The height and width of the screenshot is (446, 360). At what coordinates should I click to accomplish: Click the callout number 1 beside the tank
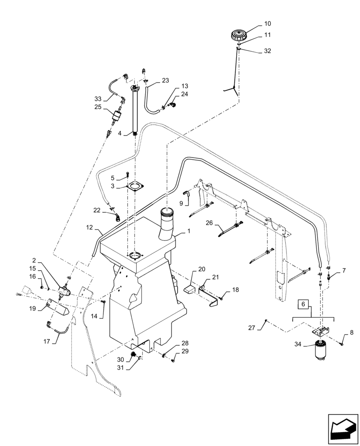pos(188,231)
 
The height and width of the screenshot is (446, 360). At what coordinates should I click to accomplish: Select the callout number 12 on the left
pos(89,227)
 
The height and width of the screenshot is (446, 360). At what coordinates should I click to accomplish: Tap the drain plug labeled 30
pos(132,355)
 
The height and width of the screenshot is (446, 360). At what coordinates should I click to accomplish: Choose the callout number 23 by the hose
pos(165,81)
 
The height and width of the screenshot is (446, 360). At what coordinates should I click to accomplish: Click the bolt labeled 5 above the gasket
pos(128,174)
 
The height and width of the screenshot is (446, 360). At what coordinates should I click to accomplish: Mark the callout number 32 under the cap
pos(267,51)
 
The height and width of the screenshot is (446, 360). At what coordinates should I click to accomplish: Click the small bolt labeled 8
pos(341,343)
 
